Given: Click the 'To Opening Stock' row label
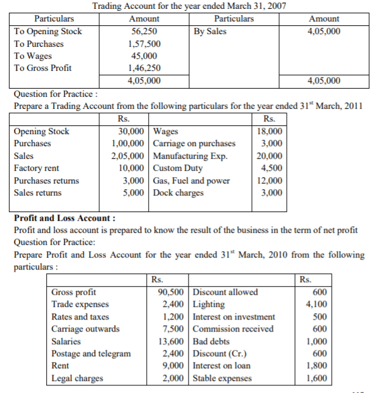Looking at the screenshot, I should point(47,31).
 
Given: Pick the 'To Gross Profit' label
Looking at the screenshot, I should point(42,68).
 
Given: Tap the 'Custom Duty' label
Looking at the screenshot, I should point(177,168).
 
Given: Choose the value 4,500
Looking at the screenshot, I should point(272,168).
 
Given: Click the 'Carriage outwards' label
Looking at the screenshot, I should point(86,329).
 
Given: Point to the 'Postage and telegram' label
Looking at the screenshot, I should point(91,354).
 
